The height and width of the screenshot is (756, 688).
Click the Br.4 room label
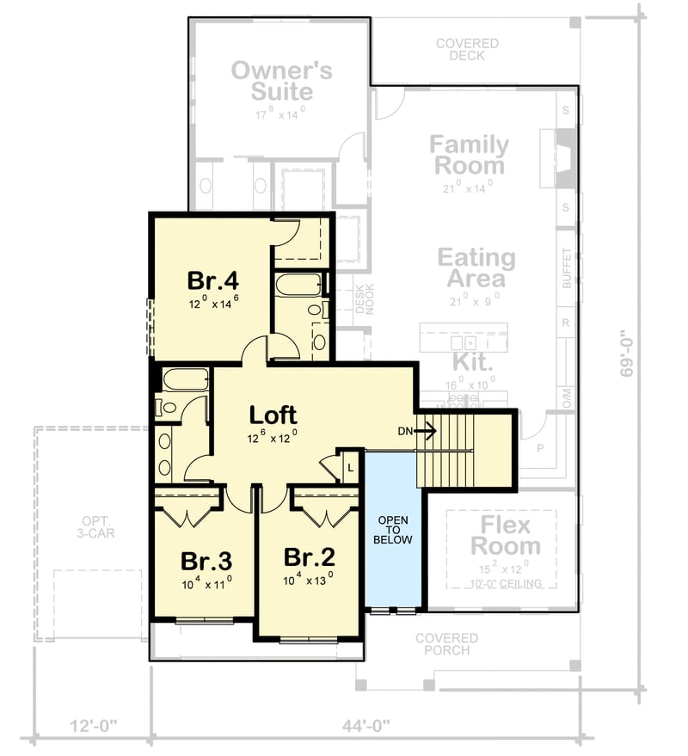pyautogui.click(x=212, y=281)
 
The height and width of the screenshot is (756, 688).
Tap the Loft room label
pyautogui.click(x=273, y=415)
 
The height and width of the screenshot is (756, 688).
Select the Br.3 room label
pyautogui.click(x=206, y=562)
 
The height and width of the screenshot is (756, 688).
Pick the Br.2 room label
pyautogui.click(x=309, y=556)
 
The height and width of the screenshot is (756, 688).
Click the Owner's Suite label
pyautogui.click(x=281, y=81)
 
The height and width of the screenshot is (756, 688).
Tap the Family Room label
pyautogui.click(x=469, y=155)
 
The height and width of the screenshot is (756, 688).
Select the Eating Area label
pyautogui.click(x=476, y=267)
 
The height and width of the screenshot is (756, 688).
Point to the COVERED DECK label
pyautogui.click(x=467, y=49)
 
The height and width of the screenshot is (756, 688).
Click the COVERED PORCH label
pyautogui.click(x=446, y=644)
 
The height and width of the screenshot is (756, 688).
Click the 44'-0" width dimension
pyautogui.click(x=365, y=726)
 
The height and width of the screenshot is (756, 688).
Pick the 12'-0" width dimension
pyautogui.click(x=93, y=726)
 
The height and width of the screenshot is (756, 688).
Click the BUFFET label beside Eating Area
pyautogui.click(x=566, y=267)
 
